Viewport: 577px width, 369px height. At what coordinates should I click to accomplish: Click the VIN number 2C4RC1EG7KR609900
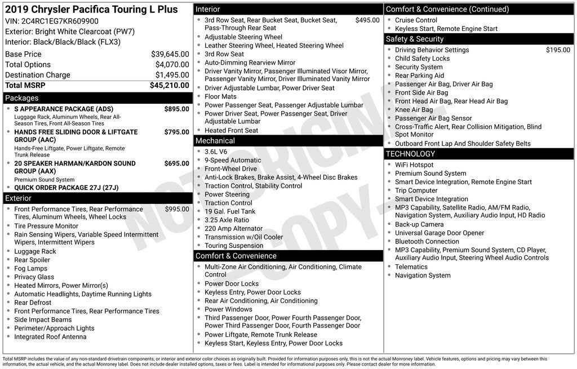[59, 21]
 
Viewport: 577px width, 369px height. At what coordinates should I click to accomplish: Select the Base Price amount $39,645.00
[170, 54]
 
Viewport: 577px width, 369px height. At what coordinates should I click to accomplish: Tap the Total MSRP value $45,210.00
[169, 86]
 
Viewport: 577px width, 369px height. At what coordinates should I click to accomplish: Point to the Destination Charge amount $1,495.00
[172, 75]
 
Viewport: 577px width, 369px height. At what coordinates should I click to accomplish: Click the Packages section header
[22, 98]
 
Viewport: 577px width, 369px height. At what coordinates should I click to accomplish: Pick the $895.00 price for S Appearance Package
[176, 109]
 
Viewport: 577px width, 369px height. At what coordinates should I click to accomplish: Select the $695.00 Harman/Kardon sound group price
[176, 163]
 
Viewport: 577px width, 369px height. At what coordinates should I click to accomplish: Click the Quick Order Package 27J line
[66, 188]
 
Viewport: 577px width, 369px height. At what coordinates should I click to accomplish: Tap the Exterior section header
[19, 198]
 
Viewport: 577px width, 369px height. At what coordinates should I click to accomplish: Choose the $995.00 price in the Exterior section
[177, 209]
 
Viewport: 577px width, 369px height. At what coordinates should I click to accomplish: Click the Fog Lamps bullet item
[31, 269]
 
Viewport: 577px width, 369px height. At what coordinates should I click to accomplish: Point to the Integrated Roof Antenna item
[50, 337]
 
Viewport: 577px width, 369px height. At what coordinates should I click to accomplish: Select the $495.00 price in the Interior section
[367, 20]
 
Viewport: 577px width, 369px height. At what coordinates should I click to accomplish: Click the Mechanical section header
[215, 141]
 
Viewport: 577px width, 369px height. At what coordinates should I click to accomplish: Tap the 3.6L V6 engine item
[216, 152]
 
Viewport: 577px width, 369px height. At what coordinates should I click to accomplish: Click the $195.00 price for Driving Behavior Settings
[558, 50]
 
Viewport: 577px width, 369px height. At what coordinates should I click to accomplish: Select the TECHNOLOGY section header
[410, 154]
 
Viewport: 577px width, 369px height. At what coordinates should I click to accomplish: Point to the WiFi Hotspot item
[414, 165]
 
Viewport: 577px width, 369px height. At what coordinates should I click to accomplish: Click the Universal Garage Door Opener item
[440, 233]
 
